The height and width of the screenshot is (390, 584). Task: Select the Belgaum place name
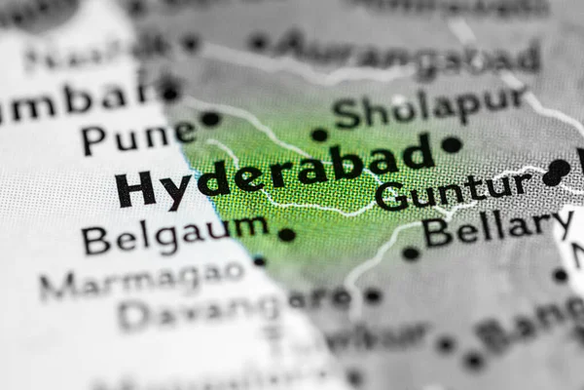174,234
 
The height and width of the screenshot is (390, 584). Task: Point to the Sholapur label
429,107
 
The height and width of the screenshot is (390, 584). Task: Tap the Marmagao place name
142,280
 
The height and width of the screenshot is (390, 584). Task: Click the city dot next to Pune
210,119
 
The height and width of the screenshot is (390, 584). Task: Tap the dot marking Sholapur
319,135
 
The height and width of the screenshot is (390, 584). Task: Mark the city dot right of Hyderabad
451,145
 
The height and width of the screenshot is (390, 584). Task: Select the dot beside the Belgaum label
286,234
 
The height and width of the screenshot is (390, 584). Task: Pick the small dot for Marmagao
259,260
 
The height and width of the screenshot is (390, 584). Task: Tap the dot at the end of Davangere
372,295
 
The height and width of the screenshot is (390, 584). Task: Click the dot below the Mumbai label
170,94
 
